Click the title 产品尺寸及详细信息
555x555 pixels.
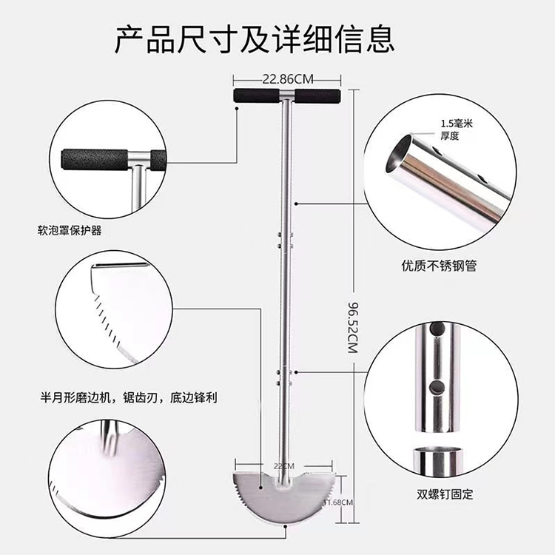254,39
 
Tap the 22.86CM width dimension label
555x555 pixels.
287,79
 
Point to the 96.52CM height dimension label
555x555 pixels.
353,327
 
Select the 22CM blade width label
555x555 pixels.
284,466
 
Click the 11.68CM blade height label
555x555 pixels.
338,502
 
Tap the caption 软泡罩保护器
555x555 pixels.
70,231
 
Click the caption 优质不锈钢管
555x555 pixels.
439,266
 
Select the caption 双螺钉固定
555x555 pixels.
445,494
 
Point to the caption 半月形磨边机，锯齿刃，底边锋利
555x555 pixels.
129,398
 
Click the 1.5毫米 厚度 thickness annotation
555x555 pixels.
457,129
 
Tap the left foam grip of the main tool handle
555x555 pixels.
256,95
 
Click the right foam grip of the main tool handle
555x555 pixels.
318,95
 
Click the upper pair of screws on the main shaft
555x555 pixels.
285,240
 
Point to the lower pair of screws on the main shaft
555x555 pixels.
285,377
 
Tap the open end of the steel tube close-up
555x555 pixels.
399,154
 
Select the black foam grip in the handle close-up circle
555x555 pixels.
95,160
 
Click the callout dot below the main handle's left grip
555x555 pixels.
237,108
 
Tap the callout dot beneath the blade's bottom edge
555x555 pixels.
286,526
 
